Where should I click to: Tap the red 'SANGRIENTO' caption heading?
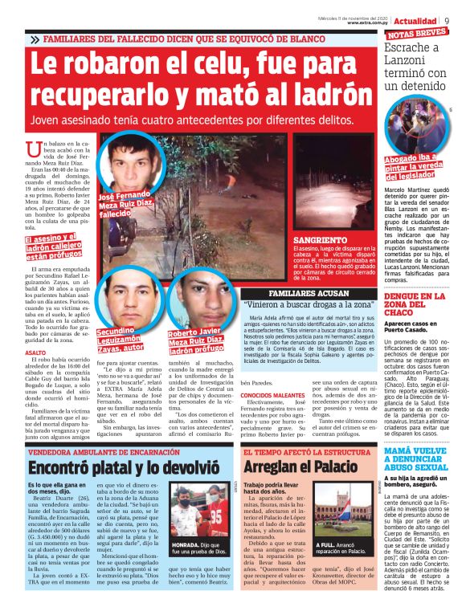point(317,240)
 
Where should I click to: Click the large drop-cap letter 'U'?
point(33,149)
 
